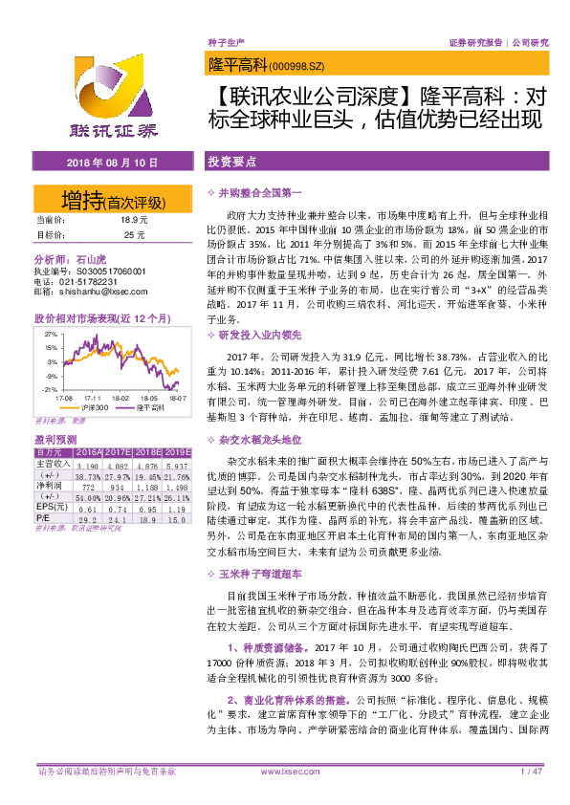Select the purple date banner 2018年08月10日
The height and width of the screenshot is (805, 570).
(x=112, y=163)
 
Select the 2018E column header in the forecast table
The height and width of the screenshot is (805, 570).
(x=147, y=452)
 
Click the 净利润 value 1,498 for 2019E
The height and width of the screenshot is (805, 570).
(x=174, y=486)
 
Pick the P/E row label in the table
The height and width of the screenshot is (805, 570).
(x=42, y=519)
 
